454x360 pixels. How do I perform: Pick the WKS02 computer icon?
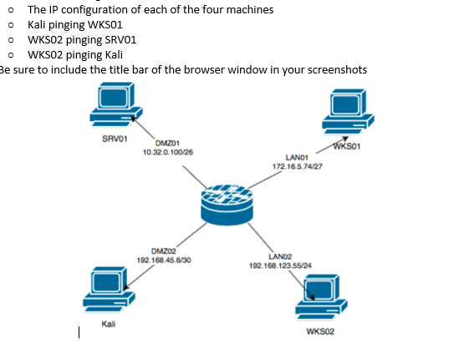(322, 295)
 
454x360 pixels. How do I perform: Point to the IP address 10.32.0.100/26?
(169, 153)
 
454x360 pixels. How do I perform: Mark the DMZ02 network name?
(163, 251)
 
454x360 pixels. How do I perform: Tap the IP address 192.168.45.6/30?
(163, 260)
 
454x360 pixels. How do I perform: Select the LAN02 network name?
(281, 256)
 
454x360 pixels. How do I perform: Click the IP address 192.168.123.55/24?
(281, 265)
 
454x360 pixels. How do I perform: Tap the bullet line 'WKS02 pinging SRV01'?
(83, 39)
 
